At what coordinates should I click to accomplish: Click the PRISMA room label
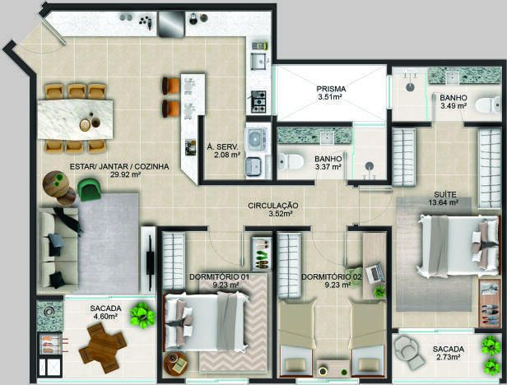[331, 89]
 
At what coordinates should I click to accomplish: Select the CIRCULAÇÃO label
[273, 206]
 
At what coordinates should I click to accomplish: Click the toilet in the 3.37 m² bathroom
[291, 160]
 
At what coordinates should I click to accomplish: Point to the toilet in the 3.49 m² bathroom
[488, 105]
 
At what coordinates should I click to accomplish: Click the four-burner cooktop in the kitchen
[258, 102]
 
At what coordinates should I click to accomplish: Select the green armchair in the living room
[89, 189]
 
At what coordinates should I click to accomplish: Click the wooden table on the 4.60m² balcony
[103, 347]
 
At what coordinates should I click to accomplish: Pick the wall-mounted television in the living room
[150, 258]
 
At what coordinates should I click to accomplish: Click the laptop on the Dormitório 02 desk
[374, 273]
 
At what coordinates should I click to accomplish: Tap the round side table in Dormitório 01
[175, 364]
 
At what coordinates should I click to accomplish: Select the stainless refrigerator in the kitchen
[171, 24]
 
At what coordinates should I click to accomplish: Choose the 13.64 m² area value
[445, 202]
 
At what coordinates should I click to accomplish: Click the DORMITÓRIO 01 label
[219, 277]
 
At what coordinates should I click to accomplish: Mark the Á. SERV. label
[222, 146]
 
